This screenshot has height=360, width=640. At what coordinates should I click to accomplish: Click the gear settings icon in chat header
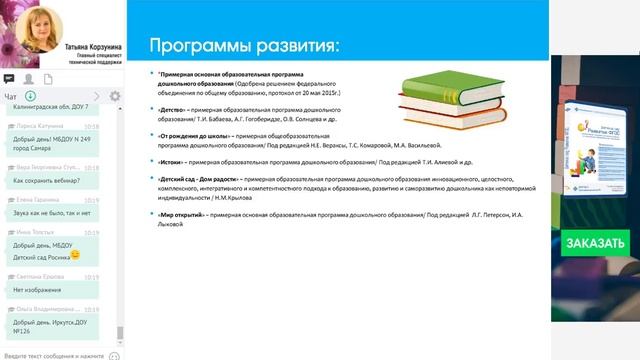(115, 97)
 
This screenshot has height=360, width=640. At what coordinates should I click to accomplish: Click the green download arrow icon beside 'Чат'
(31, 97)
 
